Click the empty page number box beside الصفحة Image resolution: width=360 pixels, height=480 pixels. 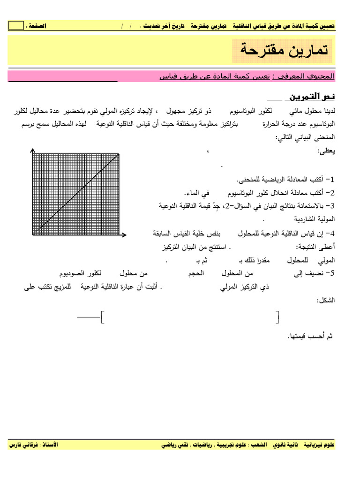[x=16, y=26]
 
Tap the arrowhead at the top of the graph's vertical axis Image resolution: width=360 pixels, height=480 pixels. [x=32, y=150]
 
